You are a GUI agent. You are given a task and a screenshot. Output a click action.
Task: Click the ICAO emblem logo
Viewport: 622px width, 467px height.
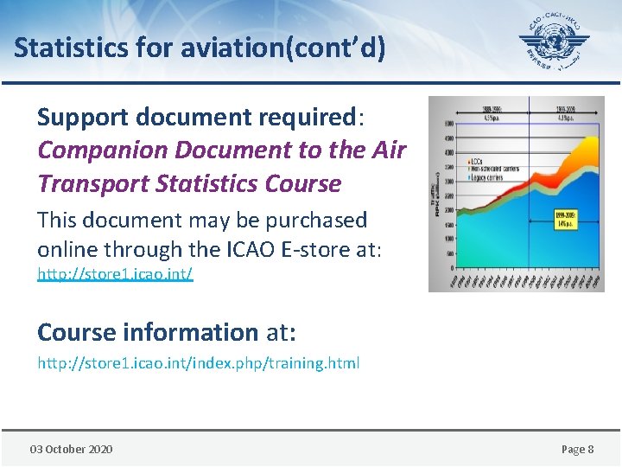554,42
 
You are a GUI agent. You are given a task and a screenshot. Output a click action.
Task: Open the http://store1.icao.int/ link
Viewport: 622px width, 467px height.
115,274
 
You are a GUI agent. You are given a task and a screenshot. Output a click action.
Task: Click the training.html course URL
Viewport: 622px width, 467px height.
198,363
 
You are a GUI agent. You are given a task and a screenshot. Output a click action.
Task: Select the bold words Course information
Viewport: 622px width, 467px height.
148,332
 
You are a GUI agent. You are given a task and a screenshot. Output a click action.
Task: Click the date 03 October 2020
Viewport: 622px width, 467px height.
71,449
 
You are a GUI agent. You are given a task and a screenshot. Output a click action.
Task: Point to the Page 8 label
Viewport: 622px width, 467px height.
577,449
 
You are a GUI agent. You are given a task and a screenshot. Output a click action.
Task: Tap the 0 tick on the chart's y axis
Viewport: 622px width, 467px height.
449,268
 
